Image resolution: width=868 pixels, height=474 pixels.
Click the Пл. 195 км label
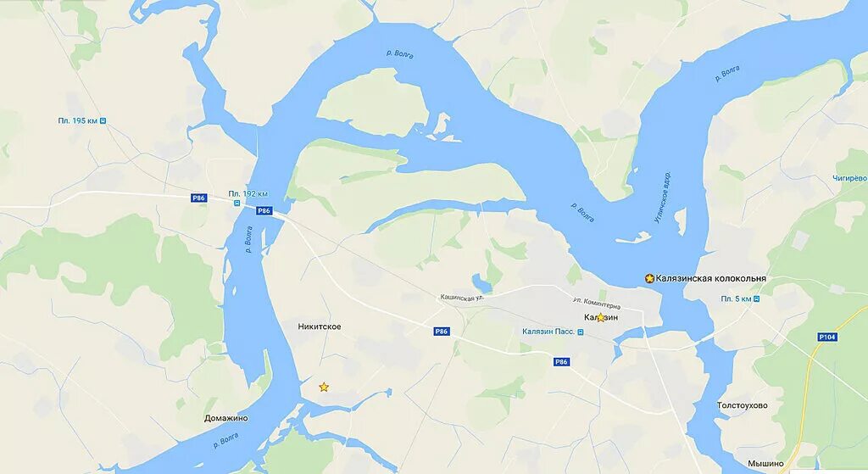[x=77, y=121]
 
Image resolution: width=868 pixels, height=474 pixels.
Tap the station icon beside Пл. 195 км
[x=103, y=121]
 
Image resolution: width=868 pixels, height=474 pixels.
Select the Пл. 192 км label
[x=248, y=193]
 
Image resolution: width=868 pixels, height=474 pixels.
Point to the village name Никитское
[x=320, y=326]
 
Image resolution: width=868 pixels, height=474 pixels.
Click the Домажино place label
[x=226, y=418]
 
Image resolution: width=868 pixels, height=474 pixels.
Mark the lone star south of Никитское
[x=324, y=387]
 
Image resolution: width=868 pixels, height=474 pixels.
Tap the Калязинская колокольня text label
[x=711, y=278]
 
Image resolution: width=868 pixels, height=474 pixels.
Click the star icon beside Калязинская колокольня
[x=649, y=278]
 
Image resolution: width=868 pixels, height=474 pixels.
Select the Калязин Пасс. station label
[x=548, y=332]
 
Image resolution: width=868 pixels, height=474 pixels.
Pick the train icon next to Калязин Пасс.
[x=581, y=332]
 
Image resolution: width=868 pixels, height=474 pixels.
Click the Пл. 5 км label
[x=736, y=299]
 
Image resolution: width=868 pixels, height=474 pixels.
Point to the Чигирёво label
[x=849, y=178]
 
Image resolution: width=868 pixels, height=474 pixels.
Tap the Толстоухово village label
[x=742, y=405]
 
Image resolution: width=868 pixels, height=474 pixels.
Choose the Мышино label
[x=765, y=464]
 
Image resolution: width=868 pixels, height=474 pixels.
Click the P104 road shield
[x=828, y=337]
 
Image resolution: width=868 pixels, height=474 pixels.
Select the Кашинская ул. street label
[x=461, y=298]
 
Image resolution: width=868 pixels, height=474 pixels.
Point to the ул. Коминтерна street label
[x=596, y=304]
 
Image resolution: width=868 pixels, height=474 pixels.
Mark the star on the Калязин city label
[x=601, y=317]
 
